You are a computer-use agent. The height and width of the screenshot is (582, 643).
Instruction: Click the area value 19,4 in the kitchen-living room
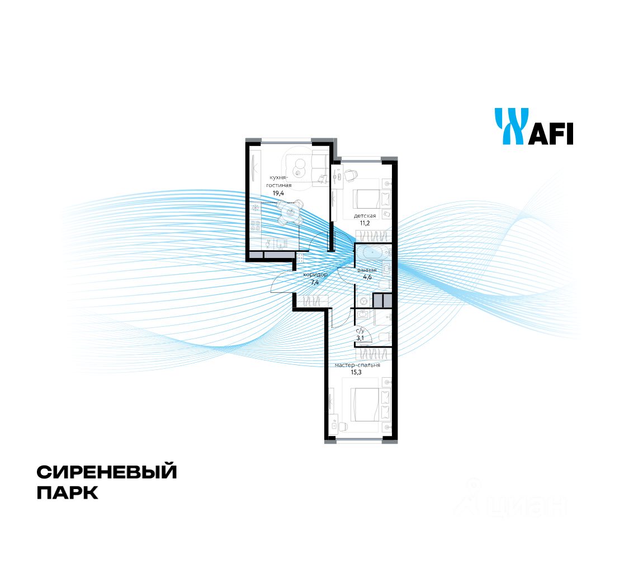point(277,193)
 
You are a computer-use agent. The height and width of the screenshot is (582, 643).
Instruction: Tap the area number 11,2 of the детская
point(365,223)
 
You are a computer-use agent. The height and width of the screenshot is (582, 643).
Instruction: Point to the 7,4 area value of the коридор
point(315,283)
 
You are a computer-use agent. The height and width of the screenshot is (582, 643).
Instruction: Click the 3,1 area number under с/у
point(361,337)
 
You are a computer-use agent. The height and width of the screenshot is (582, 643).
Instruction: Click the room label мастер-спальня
point(357,365)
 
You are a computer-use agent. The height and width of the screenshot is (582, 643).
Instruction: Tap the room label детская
point(365,215)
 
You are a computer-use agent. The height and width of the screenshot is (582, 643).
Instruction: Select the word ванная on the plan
point(367,270)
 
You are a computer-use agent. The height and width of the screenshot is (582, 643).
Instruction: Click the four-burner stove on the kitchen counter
point(256,225)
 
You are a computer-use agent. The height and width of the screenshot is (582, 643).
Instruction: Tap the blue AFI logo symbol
point(510,126)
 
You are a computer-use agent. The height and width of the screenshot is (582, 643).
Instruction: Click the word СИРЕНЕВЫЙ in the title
point(107,472)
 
